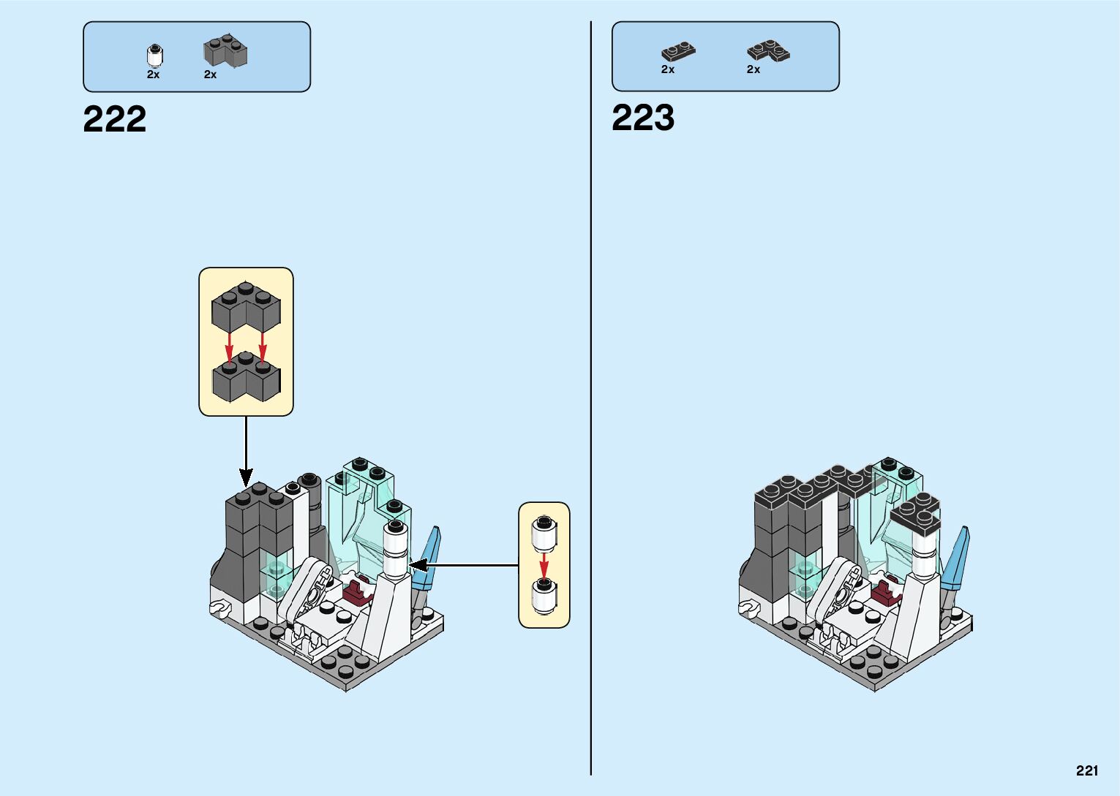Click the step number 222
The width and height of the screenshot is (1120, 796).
tap(115, 119)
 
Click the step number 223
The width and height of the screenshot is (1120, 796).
tap(643, 118)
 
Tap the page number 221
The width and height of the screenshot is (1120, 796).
tap(1087, 770)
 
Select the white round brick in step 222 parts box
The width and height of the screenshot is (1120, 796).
tap(154, 56)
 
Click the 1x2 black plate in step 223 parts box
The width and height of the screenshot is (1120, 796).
tap(678, 52)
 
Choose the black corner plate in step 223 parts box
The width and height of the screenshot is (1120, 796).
tap(768, 50)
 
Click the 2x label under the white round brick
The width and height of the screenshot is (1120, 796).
tap(153, 75)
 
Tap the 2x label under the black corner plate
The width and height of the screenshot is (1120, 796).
tap(753, 69)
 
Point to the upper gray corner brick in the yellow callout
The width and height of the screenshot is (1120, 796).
tap(246, 308)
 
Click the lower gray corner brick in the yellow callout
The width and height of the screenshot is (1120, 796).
tap(246, 377)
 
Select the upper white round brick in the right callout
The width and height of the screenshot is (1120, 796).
tap(544, 532)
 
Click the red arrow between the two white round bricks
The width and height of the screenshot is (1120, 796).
tap(544, 564)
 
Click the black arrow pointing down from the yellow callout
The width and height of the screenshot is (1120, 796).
tap(246, 450)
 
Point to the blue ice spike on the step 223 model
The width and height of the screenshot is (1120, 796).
tap(956, 558)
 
